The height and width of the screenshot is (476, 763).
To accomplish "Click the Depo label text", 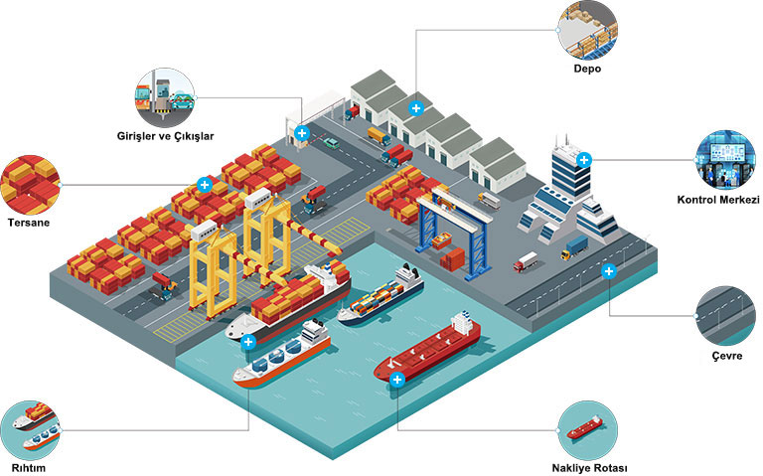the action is click(x=587, y=69).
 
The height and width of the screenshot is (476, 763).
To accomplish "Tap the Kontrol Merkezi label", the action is click(x=718, y=200).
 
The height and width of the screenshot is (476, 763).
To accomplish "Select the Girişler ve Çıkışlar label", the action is click(x=166, y=136).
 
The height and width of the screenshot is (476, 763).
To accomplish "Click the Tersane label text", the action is click(x=29, y=223).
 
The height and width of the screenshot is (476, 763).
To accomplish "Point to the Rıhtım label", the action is click(x=28, y=468).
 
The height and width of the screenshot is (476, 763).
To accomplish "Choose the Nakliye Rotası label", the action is click(x=589, y=468).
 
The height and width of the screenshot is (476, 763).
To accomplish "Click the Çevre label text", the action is click(x=727, y=356).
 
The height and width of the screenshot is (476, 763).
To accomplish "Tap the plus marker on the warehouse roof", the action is click(x=415, y=108).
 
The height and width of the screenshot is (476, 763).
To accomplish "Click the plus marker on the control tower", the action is click(x=584, y=160).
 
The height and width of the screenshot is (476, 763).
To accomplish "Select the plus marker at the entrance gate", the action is click(x=302, y=133).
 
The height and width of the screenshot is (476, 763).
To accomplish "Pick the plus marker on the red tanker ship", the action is click(x=397, y=380).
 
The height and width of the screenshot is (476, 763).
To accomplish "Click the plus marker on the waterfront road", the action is click(x=609, y=271).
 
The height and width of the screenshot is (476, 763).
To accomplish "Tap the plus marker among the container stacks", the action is click(x=205, y=185).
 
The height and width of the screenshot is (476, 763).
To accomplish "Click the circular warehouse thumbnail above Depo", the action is click(x=588, y=30).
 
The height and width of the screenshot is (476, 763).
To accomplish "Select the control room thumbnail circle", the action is click(x=726, y=160).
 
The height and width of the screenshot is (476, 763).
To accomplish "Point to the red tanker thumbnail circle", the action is click(x=588, y=430).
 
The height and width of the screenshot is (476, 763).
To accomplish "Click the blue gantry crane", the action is click(x=453, y=234).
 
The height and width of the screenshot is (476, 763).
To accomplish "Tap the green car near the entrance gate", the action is click(x=332, y=143).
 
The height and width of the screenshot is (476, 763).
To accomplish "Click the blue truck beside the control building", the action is click(x=574, y=247).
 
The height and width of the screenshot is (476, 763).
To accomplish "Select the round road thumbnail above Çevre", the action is click(x=726, y=316).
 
